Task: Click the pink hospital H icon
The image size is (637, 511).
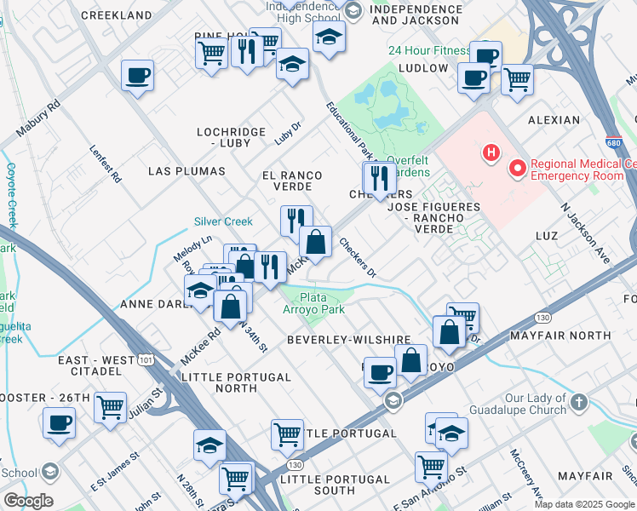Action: click(x=491, y=153)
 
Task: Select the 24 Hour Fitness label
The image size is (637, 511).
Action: click(x=429, y=50)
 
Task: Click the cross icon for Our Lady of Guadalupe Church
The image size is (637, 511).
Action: click(x=578, y=401)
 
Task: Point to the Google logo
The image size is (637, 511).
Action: click(x=27, y=501)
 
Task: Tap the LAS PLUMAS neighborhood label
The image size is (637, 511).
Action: click(x=187, y=171)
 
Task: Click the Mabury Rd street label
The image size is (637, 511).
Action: click(x=40, y=122)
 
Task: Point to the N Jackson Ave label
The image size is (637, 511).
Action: click(x=586, y=231)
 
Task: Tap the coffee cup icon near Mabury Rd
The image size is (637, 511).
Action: click(x=137, y=77)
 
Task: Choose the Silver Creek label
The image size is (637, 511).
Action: click(x=223, y=221)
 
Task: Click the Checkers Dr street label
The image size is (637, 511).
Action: click(x=358, y=256)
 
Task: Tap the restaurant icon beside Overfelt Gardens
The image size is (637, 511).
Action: click(x=379, y=178)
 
